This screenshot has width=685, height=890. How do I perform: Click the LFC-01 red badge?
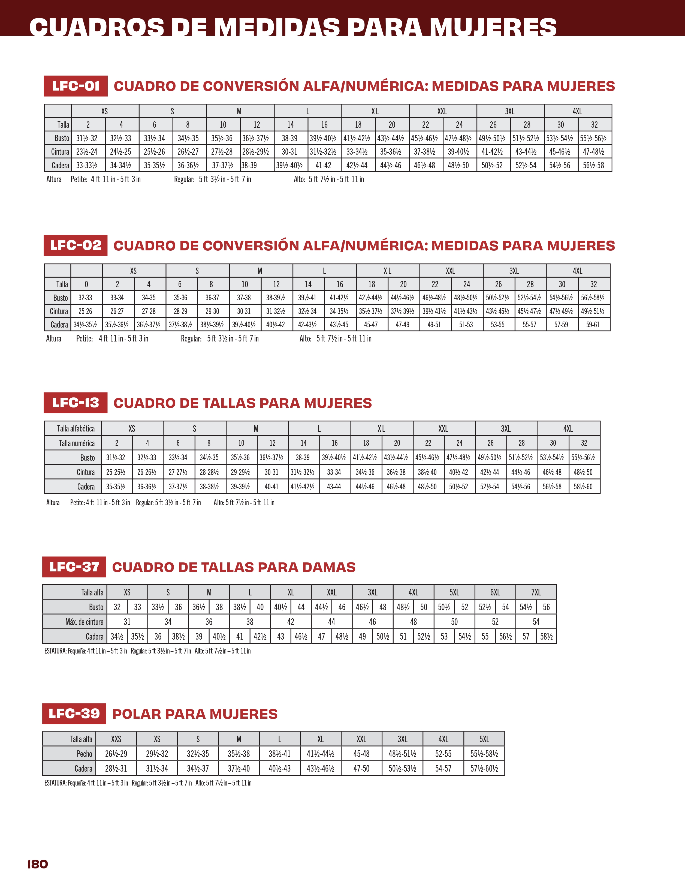tap(76, 86)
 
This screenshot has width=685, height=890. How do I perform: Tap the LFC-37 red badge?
tap(74, 567)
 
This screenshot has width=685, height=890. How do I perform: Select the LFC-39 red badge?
tap(74, 714)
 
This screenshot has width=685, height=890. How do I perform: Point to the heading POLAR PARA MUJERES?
tap(195, 714)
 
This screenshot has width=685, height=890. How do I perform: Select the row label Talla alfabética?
tap(76, 428)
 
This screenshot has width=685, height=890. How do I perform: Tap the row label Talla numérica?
tap(77, 443)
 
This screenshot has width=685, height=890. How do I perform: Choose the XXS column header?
tap(116, 739)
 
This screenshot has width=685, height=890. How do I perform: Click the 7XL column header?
tap(536, 592)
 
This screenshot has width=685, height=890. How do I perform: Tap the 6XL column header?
tap(495, 592)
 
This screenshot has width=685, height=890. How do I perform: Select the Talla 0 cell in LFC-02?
tap(86, 284)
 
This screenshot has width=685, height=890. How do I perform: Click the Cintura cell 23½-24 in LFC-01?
tap(87, 152)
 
